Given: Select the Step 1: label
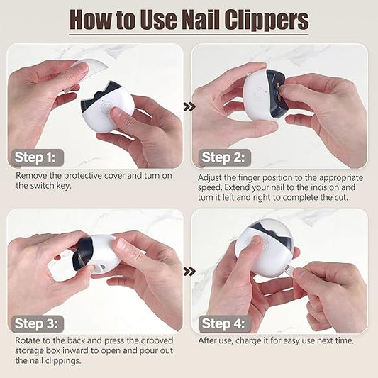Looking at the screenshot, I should pos(36,157).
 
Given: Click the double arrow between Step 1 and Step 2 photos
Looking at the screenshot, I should pos(189,106).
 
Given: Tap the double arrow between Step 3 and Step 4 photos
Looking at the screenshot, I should pos(189,271).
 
